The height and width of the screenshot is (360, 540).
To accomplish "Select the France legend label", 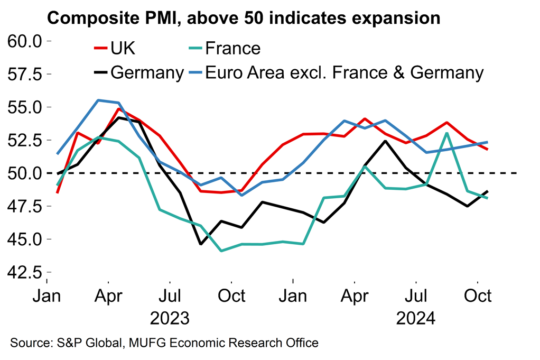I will [x=232, y=49].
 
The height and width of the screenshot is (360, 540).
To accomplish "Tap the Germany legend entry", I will [x=146, y=72].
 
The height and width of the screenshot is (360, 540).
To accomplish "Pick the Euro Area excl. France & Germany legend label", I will [x=343, y=72].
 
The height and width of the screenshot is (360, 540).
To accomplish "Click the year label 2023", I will [x=169, y=319].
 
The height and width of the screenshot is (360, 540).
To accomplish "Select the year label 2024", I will [x=416, y=319].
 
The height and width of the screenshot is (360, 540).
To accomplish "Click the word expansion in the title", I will [x=388, y=18].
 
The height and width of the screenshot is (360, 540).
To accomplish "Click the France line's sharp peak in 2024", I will [x=448, y=133].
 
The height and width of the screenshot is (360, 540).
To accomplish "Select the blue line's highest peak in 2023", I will [x=98, y=100].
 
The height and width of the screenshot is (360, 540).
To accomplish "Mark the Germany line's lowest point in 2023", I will [x=200, y=244].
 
